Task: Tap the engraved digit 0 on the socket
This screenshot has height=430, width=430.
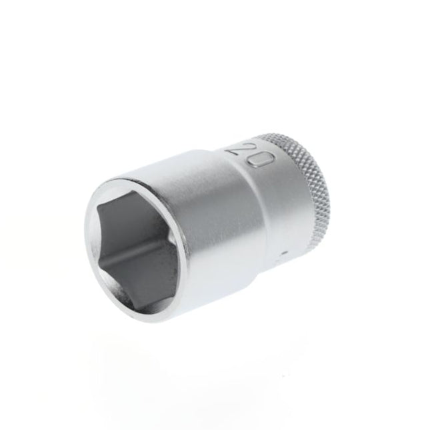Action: tap(262, 160)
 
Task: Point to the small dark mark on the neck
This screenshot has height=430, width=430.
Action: tap(285, 254)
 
